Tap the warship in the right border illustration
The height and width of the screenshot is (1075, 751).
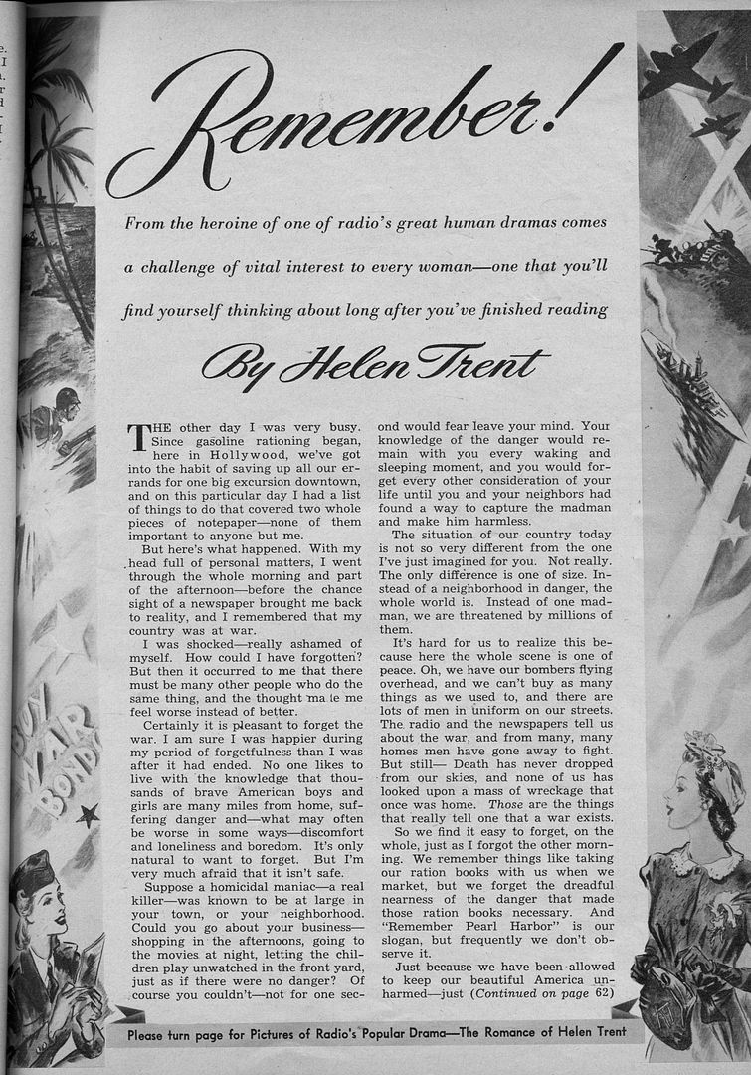point(690,383)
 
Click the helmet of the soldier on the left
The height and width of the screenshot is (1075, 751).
point(67,398)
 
